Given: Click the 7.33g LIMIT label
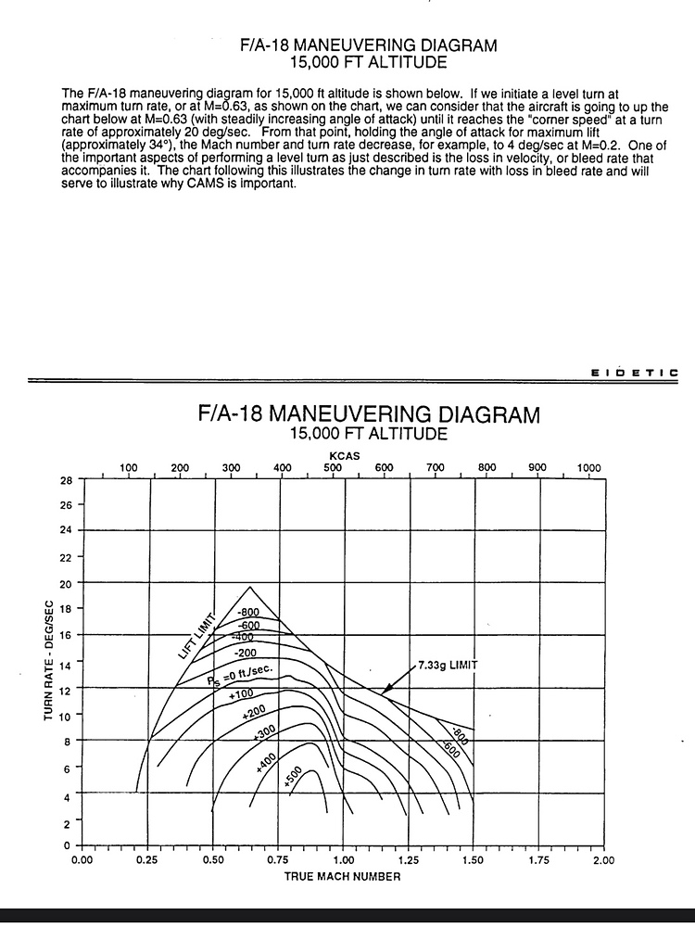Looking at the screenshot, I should (448, 666).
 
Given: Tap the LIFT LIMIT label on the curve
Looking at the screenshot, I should (196, 636).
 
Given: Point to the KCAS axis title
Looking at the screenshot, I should (344, 456).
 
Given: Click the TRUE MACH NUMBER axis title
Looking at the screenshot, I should (342, 876).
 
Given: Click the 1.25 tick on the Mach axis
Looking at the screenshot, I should (408, 860).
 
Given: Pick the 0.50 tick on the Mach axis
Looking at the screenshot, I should (213, 860).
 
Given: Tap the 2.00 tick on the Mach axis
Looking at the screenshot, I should (603, 860).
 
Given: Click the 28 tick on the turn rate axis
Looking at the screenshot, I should (66, 479).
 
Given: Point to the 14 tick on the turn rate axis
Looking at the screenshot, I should (66, 663).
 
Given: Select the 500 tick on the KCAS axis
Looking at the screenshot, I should (333, 468).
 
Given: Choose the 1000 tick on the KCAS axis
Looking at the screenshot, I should (588, 468).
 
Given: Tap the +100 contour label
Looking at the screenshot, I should (240, 694).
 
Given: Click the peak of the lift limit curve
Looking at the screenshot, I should (249, 588).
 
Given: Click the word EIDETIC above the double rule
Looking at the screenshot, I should (634, 373).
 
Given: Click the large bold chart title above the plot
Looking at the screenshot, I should (368, 413).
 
